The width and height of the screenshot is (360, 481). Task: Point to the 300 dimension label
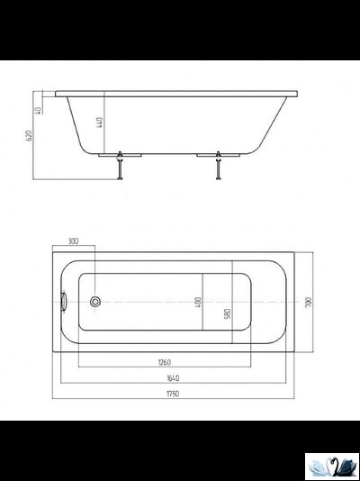(74, 242)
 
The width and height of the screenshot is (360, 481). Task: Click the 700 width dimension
(309, 304)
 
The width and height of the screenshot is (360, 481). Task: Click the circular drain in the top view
(94, 303)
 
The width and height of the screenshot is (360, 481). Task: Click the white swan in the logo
(320, 466)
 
